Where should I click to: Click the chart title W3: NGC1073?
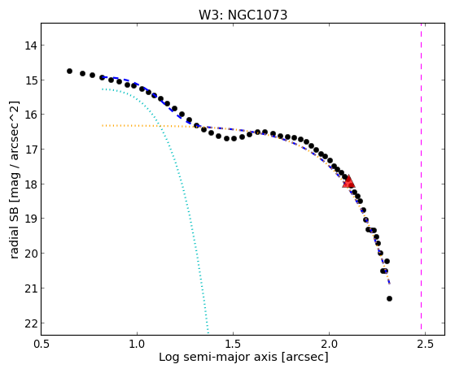[243, 15]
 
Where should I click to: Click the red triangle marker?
[348, 181]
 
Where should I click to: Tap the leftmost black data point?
[69, 71]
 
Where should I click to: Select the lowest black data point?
[389, 298]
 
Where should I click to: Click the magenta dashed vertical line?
[421, 179]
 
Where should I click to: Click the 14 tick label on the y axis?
[31, 46]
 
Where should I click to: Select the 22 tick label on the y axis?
[31, 323]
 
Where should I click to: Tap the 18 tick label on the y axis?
[31, 184]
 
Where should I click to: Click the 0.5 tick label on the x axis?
[42, 344]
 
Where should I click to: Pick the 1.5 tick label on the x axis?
[233, 344]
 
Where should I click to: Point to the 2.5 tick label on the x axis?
[425, 344]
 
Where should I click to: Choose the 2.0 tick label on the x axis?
[329, 344]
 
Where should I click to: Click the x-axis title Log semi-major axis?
[218, 357]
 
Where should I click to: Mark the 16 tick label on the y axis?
[31, 115]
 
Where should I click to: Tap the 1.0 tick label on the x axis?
[137, 344]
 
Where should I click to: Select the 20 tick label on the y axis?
[31, 254]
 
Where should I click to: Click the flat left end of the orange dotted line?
[103, 125]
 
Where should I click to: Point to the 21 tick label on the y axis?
[31, 288]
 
